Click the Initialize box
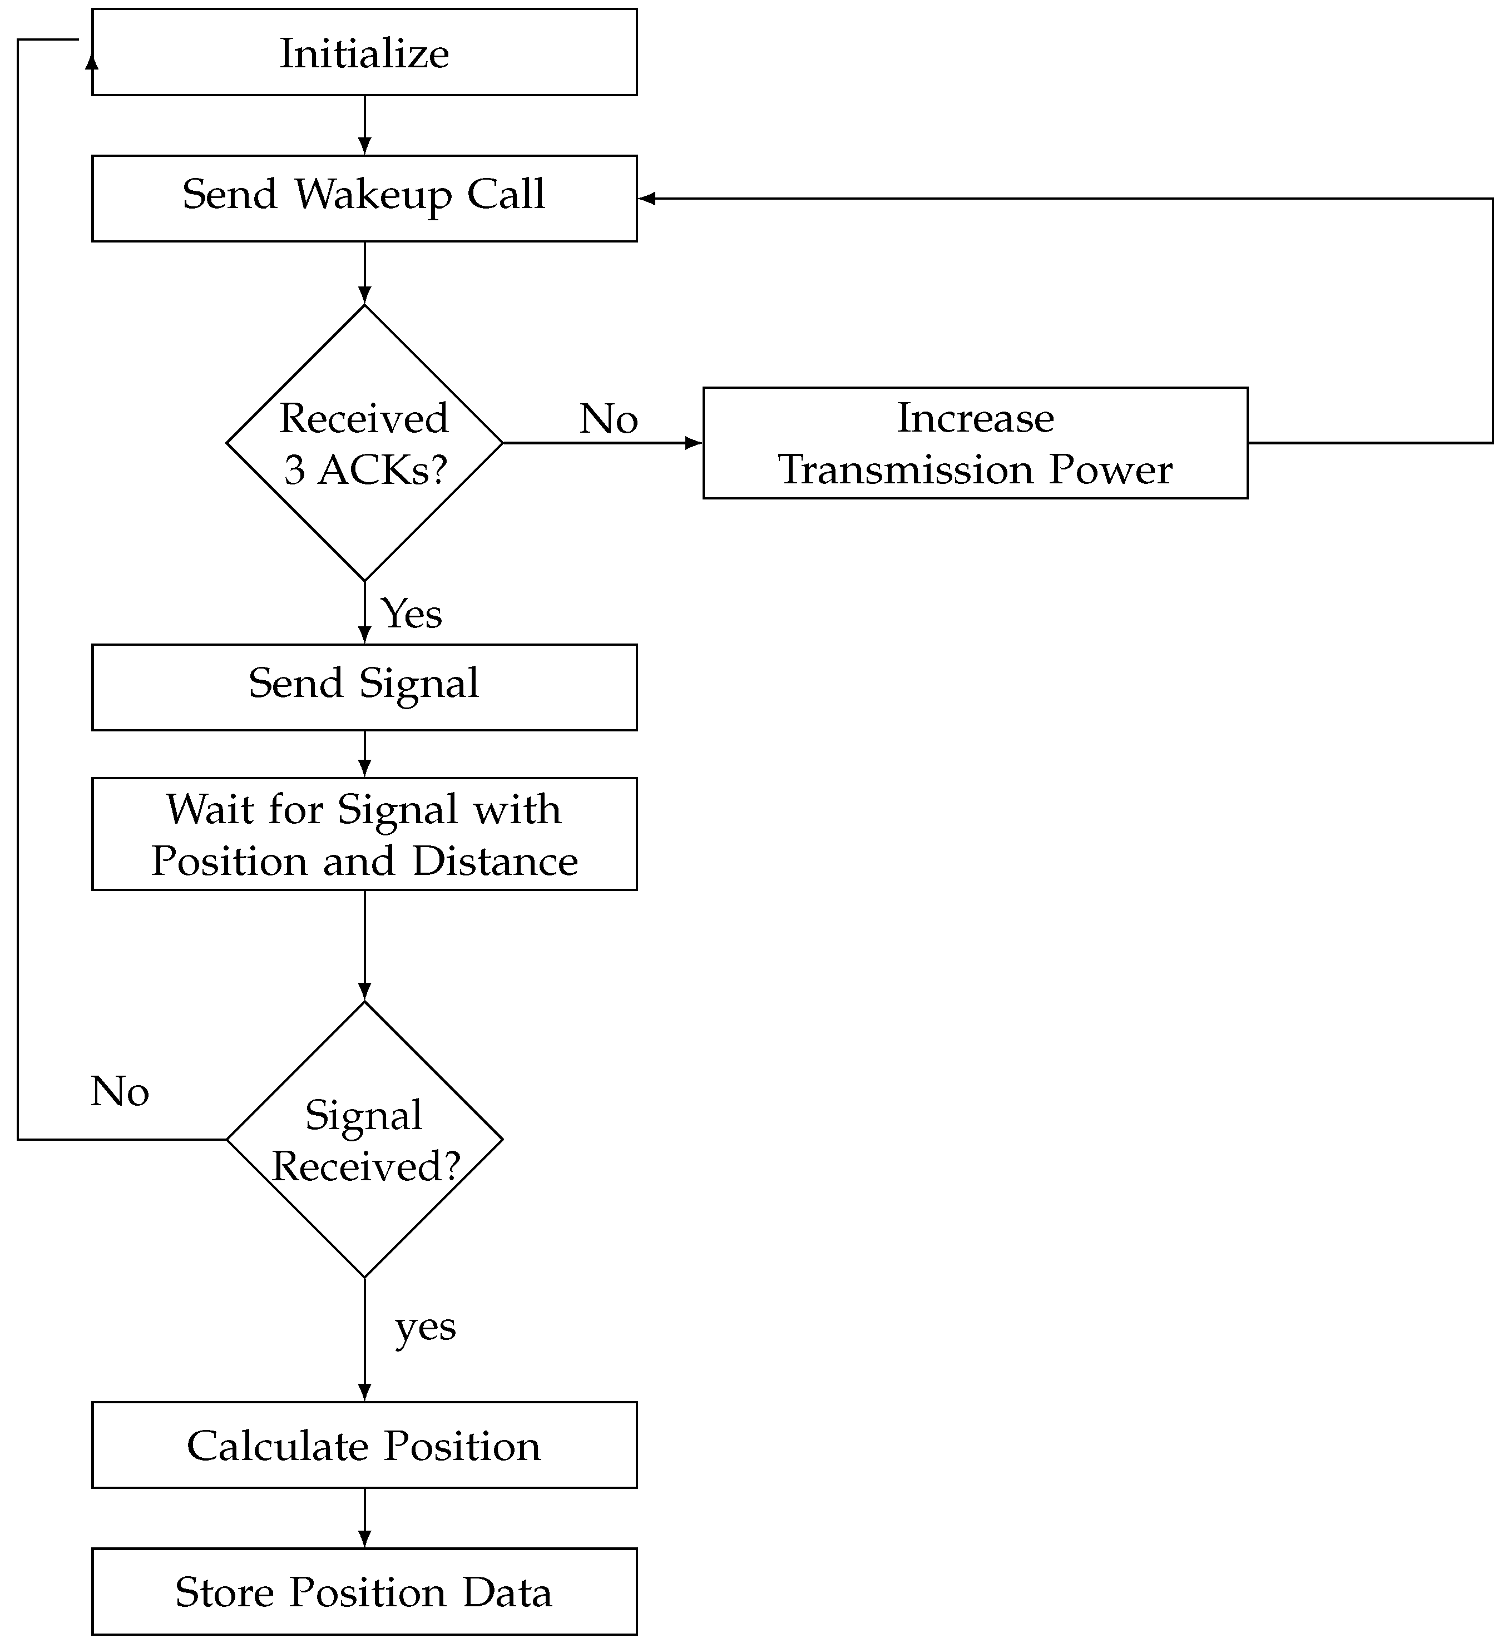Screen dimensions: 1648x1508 tap(364, 52)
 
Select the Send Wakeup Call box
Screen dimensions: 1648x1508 tap(364, 198)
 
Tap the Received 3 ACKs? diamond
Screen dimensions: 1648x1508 tap(364, 443)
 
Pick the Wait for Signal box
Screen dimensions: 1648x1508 tap(364, 834)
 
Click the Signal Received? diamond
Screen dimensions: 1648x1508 tap(364, 1140)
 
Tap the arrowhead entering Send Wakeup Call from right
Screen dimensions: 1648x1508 tap(647, 199)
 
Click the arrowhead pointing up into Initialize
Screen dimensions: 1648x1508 tap(92, 61)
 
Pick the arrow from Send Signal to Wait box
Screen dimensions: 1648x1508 tap(364, 754)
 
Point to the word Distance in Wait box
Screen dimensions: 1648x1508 tap(495, 861)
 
